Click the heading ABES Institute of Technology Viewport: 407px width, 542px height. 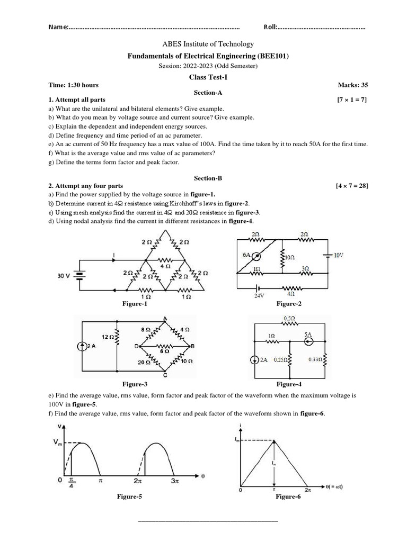pos(203,44)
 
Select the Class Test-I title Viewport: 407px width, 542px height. pos(203,76)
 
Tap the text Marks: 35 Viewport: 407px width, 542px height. pos(353,85)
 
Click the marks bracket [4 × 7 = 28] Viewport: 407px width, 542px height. pos(351,186)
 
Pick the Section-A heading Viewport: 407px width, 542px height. pos(203,92)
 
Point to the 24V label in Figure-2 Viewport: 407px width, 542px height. pos(259,296)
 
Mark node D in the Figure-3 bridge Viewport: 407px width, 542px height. pos(136,346)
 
